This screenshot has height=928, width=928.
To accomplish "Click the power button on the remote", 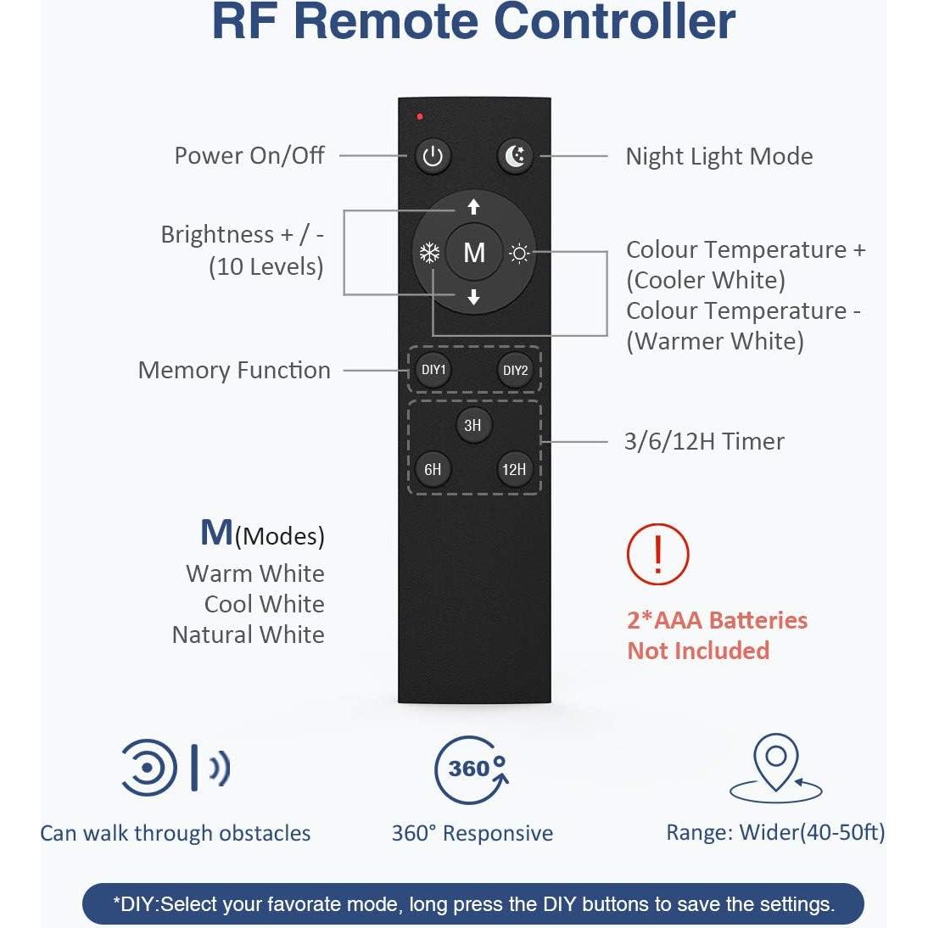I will point(433,157).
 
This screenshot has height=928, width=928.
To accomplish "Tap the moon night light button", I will point(515,156).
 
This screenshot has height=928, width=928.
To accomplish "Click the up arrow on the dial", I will point(473,207).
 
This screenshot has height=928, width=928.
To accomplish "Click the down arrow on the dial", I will point(473,296).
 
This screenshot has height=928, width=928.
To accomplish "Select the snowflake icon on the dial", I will point(429,253).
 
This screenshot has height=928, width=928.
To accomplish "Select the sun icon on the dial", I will point(519,253).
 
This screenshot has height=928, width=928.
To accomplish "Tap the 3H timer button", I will point(472,425).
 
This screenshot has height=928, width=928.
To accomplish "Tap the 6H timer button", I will point(433,469).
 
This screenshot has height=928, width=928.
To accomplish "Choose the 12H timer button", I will point(514,469).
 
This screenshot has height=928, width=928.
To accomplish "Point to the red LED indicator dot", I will point(420,116).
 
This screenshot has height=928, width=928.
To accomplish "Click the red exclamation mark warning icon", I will point(657,554).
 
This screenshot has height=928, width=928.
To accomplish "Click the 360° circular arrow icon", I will point(472,769).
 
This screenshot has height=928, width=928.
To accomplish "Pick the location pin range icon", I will point(775,769).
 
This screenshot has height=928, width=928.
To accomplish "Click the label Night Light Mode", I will point(718,156).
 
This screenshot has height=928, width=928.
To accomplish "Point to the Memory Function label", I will point(234,370).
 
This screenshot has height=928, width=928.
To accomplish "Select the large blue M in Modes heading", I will point(216,533).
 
